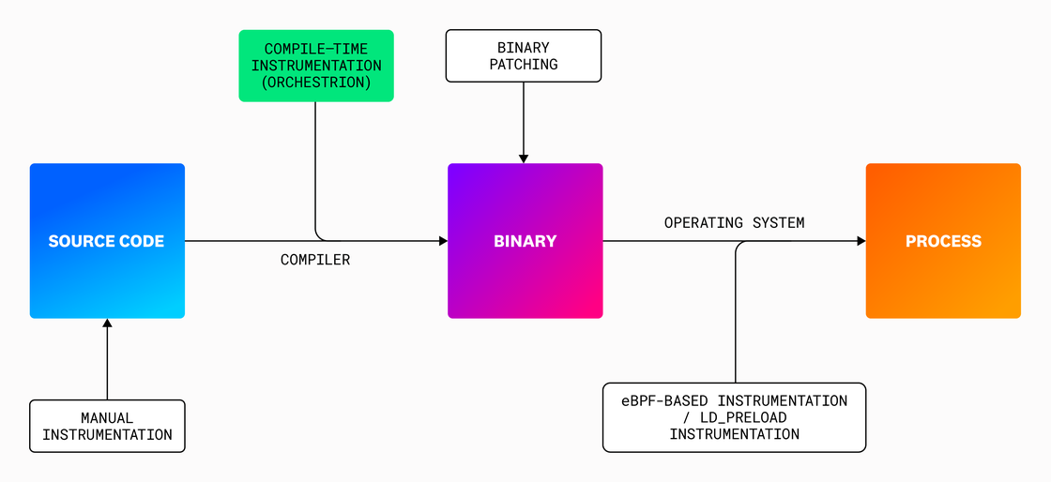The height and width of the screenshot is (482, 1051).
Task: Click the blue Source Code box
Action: [107, 241]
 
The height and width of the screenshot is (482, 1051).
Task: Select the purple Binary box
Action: [525, 241]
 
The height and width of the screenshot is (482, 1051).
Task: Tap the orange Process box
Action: [942, 241]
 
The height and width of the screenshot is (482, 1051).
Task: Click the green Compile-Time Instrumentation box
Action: [316, 66]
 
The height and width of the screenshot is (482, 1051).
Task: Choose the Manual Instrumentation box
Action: [107, 426]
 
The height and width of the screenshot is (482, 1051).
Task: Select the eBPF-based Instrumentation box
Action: [734, 417]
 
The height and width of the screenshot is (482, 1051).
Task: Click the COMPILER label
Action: [315, 260]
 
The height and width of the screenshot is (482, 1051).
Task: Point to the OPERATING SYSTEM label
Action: [734, 223]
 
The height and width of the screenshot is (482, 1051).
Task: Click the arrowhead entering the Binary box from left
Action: [443, 241]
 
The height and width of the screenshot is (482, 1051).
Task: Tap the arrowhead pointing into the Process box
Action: [860, 241]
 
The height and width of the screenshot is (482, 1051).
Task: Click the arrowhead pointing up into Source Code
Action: [107, 324]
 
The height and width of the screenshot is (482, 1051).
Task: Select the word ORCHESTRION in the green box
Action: [316, 83]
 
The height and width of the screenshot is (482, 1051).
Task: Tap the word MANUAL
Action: [107, 417]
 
